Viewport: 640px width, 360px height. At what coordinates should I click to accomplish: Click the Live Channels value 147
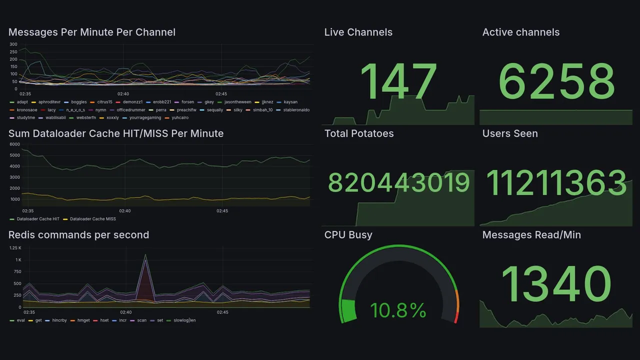coord(398,81)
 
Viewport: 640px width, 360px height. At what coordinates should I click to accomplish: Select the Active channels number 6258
coord(556,81)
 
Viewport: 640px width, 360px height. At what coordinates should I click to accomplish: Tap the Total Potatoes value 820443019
coord(398,183)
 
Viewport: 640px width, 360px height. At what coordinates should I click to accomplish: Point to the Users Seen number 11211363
coord(556,183)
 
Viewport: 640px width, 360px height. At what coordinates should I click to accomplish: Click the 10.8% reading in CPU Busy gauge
coord(398,310)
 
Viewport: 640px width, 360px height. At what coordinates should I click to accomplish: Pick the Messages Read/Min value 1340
coord(556,284)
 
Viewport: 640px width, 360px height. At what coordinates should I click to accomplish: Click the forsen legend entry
coord(187,102)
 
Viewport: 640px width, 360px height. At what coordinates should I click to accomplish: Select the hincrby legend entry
coord(59,320)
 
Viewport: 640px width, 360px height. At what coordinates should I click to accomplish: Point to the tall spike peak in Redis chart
coord(145,255)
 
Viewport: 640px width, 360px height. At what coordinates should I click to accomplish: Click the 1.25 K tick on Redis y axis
coord(15,248)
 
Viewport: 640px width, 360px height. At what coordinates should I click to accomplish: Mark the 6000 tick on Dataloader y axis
coord(14,144)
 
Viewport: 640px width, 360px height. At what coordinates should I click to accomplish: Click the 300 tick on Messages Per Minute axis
coord(13,44)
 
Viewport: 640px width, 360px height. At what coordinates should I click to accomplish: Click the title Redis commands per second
coord(78,235)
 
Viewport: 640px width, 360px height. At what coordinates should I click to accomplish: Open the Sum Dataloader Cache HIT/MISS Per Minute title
coord(116,133)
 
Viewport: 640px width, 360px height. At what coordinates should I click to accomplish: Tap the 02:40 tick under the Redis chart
coord(126,312)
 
